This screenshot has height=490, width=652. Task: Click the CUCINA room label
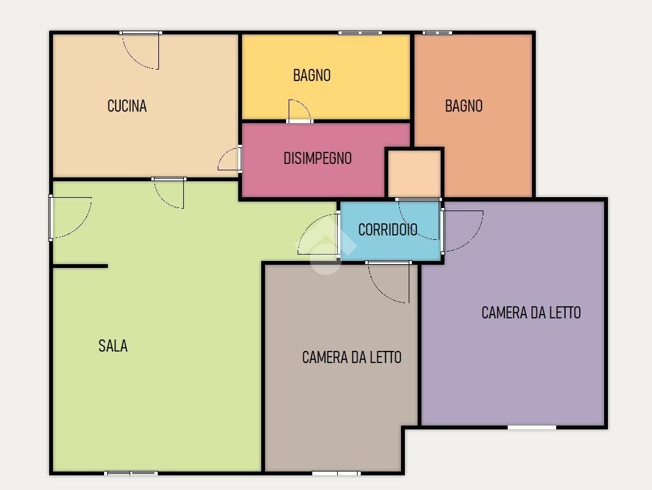(x=127, y=106)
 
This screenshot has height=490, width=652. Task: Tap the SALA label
(x=112, y=346)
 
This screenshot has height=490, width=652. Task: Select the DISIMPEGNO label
(x=317, y=158)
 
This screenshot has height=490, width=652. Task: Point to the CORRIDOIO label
(x=388, y=230)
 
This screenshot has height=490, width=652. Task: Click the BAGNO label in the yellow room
(x=312, y=75)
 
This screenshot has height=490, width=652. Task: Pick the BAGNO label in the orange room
(x=464, y=106)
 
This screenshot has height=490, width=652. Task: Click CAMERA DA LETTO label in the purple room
(x=531, y=313)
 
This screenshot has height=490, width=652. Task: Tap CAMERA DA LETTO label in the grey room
(x=352, y=357)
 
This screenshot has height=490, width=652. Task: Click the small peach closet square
(x=414, y=174)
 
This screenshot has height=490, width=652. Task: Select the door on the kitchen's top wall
(x=140, y=50)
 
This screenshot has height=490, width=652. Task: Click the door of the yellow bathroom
(x=299, y=111)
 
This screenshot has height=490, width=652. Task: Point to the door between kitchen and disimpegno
(x=230, y=158)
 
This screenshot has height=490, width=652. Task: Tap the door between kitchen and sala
(x=169, y=193)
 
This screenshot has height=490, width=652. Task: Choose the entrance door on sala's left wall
(x=70, y=217)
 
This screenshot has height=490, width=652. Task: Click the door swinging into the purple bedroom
(x=462, y=231)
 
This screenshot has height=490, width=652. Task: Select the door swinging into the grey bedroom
(x=388, y=282)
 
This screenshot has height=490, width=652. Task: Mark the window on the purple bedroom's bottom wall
(x=532, y=427)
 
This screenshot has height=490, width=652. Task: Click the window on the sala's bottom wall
(x=131, y=473)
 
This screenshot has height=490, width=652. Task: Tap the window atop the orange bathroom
(x=437, y=33)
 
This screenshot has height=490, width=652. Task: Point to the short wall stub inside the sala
(x=80, y=266)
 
